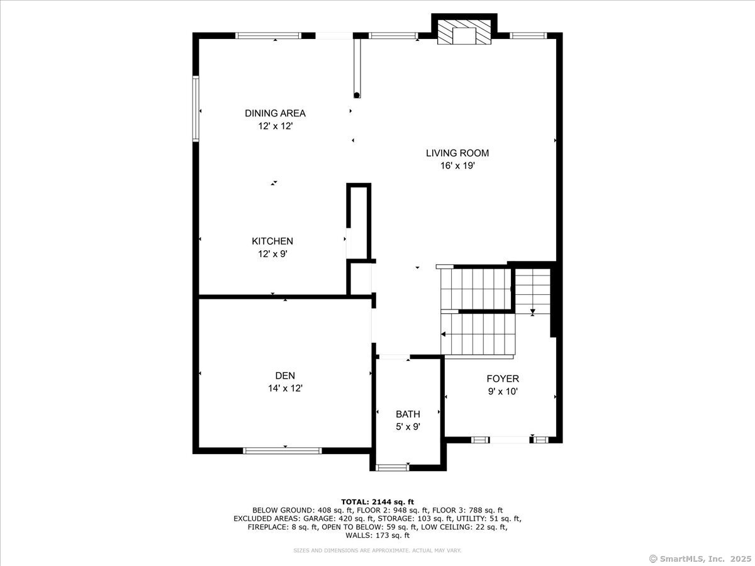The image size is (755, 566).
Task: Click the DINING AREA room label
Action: [275, 113]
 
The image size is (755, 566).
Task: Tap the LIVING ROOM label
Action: [457, 153]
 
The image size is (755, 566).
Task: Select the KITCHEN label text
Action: [272, 241]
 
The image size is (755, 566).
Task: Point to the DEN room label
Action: [285, 375]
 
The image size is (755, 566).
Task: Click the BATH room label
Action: [408, 414]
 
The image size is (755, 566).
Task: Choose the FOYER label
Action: [503, 379]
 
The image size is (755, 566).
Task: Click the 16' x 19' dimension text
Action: [457, 166]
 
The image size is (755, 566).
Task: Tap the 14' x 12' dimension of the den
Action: [285, 389]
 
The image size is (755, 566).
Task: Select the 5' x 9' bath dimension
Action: [408, 426]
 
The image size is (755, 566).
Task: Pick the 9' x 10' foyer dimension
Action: [503, 391]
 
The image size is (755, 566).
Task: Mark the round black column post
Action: [357, 96]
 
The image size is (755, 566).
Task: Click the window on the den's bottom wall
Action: [282, 450]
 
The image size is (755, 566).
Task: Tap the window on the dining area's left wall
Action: [196, 108]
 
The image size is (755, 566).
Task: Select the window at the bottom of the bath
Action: [391, 467]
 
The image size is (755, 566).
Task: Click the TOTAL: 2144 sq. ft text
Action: [377, 501]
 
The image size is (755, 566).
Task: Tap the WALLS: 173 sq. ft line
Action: [377, 536]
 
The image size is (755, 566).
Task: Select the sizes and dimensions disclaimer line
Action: [377, 550]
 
